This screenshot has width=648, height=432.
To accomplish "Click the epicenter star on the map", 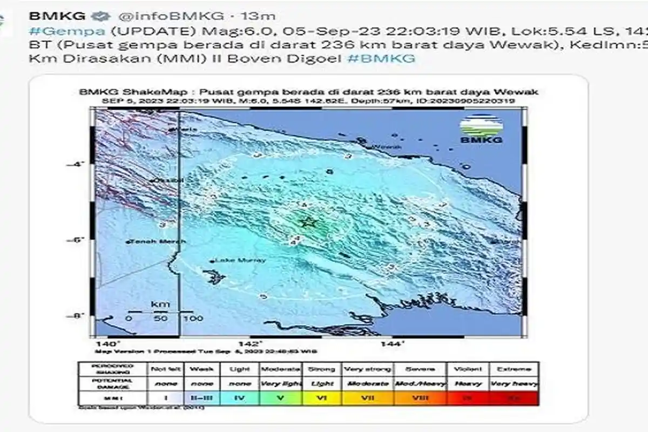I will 308,221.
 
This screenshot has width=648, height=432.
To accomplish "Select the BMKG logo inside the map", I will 481,130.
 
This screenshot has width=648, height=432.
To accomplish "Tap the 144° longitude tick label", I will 393,343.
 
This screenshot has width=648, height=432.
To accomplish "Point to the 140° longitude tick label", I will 110,343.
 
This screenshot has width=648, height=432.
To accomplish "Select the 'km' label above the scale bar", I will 160,304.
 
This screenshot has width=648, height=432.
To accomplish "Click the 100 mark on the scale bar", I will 193,318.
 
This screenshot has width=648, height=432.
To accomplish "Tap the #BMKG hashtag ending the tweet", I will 381,58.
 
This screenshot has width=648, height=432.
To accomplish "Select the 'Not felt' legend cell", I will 165,369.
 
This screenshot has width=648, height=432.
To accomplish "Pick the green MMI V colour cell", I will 280,398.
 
